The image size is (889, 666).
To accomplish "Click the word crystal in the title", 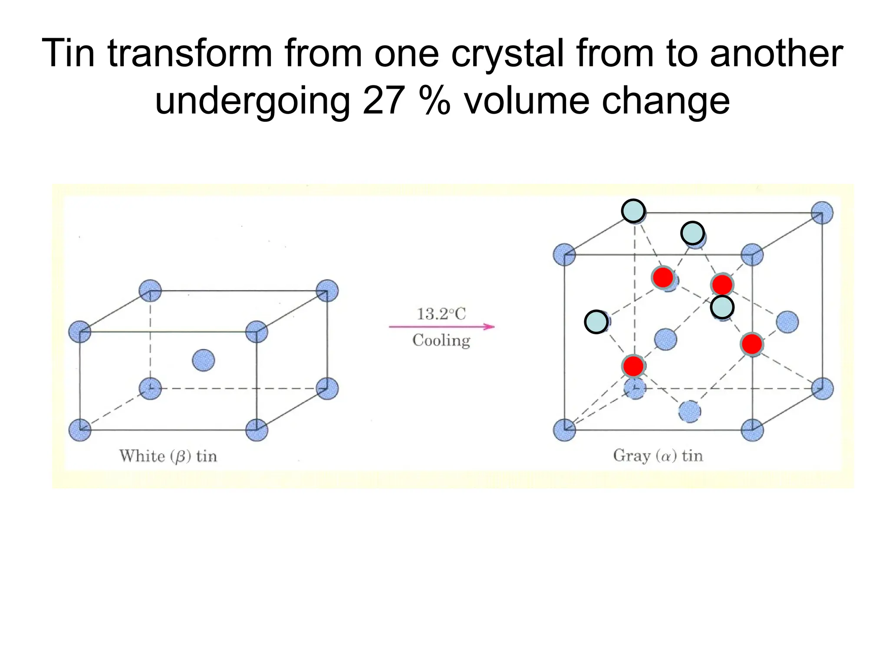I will point(507,54).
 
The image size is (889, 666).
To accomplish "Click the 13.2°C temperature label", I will point(441,314).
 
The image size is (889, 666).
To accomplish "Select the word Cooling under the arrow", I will point(441,340).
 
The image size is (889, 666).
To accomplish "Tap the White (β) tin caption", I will point(168,456).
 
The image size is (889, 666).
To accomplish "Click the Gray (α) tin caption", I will point(658,456).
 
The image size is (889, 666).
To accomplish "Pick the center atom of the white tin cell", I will point(203,360).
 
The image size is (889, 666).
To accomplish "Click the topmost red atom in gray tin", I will point(663,277).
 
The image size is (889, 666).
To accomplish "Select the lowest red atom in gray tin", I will point(633,366).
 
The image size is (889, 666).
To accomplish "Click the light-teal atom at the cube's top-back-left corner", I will point(633,211).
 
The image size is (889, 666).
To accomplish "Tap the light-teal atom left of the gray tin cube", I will point(596,322).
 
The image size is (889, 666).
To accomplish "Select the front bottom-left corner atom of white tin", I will point(80,430).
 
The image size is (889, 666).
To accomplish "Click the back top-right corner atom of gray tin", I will point(822,213).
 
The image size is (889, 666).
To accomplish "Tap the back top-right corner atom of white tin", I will point(327,291).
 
